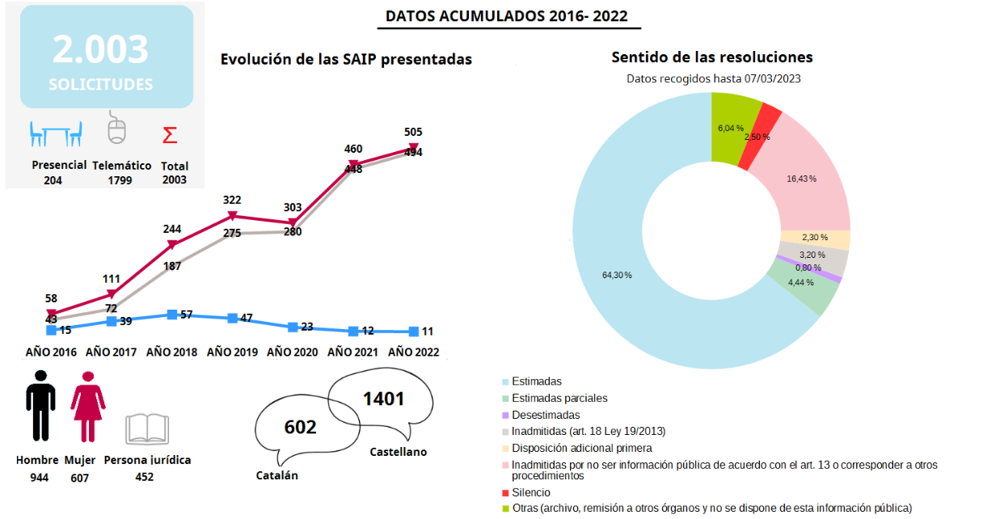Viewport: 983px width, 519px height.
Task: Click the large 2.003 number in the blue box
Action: pos(101,49)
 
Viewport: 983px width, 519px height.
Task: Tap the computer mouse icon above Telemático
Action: pos(118,129)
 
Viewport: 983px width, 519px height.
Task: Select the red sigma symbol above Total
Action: pos(170,134)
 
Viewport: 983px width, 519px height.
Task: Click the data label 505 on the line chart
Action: pos(413,132)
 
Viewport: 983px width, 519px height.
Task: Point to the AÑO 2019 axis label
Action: pos(232,352)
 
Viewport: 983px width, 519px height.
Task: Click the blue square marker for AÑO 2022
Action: pos(414,331)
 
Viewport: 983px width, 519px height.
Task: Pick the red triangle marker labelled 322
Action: pos(232,216)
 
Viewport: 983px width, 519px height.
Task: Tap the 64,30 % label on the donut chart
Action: pos(618,275)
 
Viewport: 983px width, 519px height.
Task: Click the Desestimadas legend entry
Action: pos(546,415)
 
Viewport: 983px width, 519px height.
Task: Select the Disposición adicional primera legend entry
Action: pos(582,448)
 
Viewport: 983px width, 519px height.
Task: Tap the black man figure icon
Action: pos(40,412)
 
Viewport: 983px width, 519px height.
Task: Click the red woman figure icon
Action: pos(86,412)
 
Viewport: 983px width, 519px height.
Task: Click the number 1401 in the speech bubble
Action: pos(383,398)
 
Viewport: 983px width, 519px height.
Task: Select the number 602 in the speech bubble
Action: pos(300,426)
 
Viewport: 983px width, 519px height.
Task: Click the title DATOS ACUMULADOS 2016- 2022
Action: pos(506,16)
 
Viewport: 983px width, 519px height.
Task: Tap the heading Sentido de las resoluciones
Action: pos(711,57)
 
